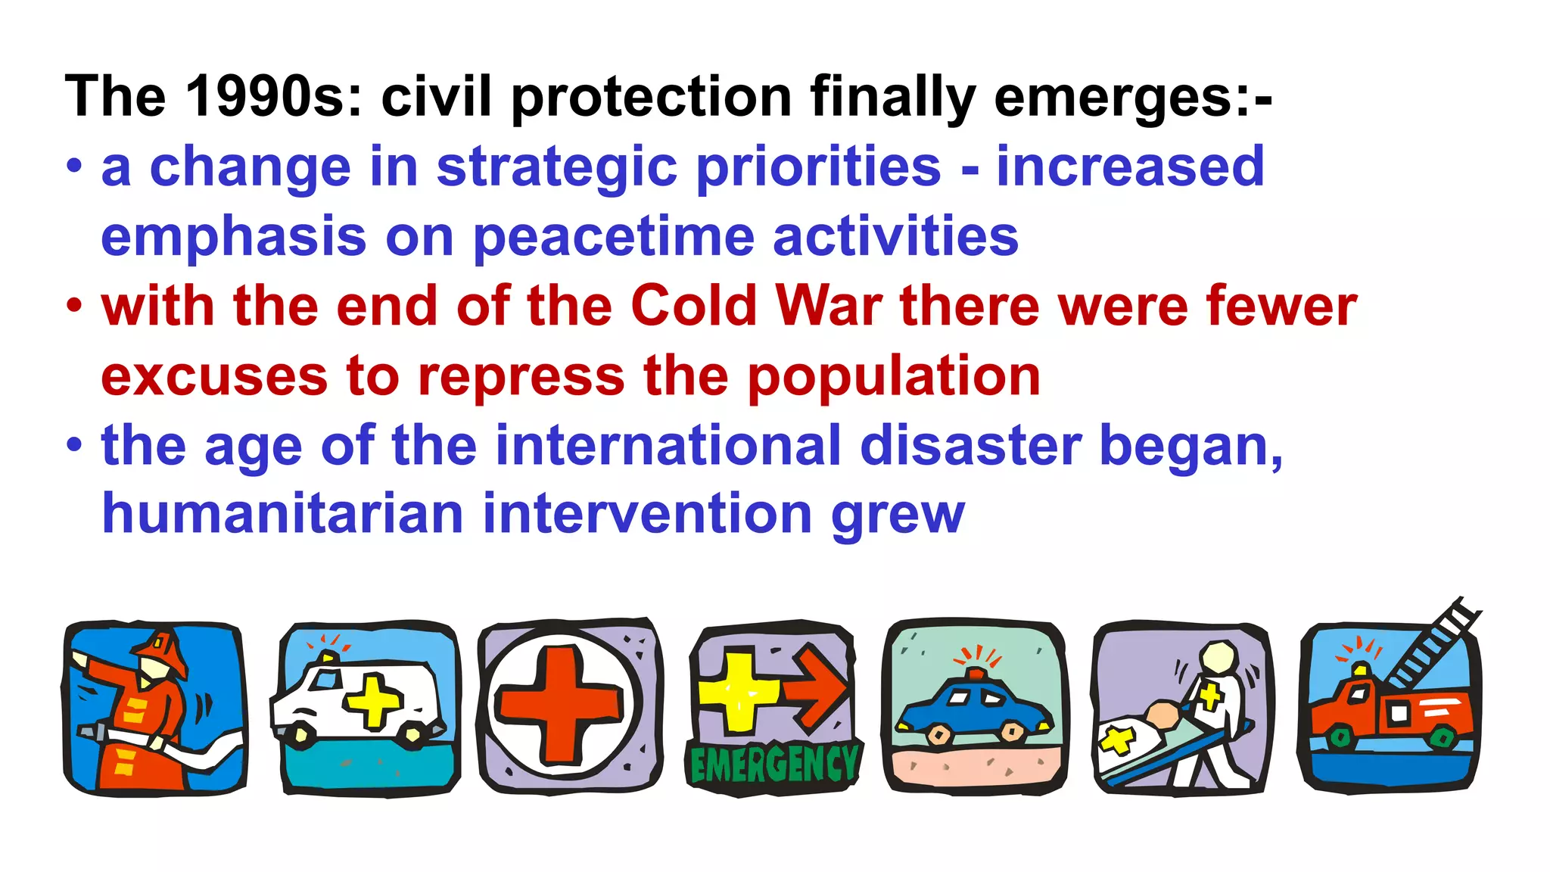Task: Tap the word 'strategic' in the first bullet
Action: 556,167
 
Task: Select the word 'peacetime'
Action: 614,237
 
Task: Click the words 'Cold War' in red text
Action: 756,307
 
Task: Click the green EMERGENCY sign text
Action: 773,765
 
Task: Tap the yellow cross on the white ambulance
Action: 374,700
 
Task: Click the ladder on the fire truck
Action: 1430,643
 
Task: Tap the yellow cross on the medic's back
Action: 1209,694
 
